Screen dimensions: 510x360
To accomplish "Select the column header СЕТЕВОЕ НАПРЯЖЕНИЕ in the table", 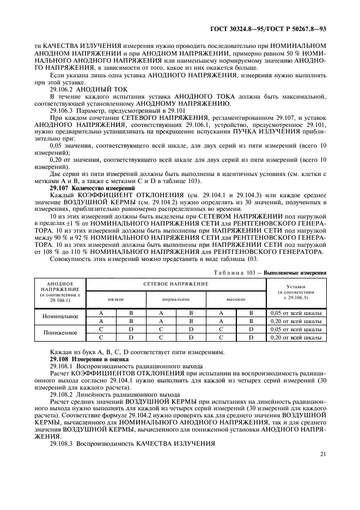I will coord(175,284).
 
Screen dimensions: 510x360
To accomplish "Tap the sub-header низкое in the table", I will coord(115,299).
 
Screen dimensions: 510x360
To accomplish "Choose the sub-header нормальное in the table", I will coord(175,299).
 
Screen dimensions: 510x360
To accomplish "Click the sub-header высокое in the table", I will coord(235,299).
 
